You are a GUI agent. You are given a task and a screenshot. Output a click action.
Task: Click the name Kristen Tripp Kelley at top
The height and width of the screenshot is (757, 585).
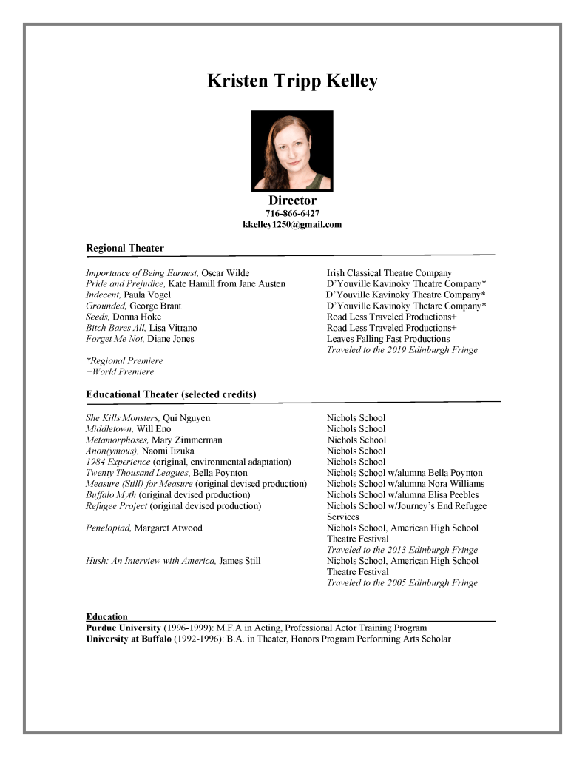[292, 81]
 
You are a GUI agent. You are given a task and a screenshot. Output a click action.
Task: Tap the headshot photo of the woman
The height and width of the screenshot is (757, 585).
[292, 151]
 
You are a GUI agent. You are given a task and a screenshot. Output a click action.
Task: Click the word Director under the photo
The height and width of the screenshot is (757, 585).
[292, 201]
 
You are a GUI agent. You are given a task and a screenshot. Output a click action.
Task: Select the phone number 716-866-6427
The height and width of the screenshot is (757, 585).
[292, 213]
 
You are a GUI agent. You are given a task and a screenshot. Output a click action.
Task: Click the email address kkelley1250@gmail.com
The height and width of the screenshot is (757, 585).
[292, 224]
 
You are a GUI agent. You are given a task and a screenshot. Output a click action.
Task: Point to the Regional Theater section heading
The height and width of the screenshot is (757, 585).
[125, 248]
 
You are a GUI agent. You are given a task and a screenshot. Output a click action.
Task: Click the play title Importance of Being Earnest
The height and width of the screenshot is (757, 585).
[142, 273]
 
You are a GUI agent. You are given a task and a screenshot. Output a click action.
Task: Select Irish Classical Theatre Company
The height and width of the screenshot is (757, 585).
[389, 273]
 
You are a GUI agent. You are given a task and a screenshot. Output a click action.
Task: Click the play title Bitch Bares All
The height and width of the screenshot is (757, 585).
[116, 328]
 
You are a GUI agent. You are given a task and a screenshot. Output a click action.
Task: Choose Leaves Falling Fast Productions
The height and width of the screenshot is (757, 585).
[388, 339]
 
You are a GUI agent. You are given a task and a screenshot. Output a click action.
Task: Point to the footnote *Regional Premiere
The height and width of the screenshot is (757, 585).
[124, 360]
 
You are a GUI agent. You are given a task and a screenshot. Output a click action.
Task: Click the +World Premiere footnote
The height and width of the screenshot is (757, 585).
[120, 371]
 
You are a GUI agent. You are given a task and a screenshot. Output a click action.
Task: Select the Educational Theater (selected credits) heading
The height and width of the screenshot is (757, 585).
[171, 394]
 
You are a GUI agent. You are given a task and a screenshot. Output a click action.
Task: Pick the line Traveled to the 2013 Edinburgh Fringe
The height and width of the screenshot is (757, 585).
[402, 550]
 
